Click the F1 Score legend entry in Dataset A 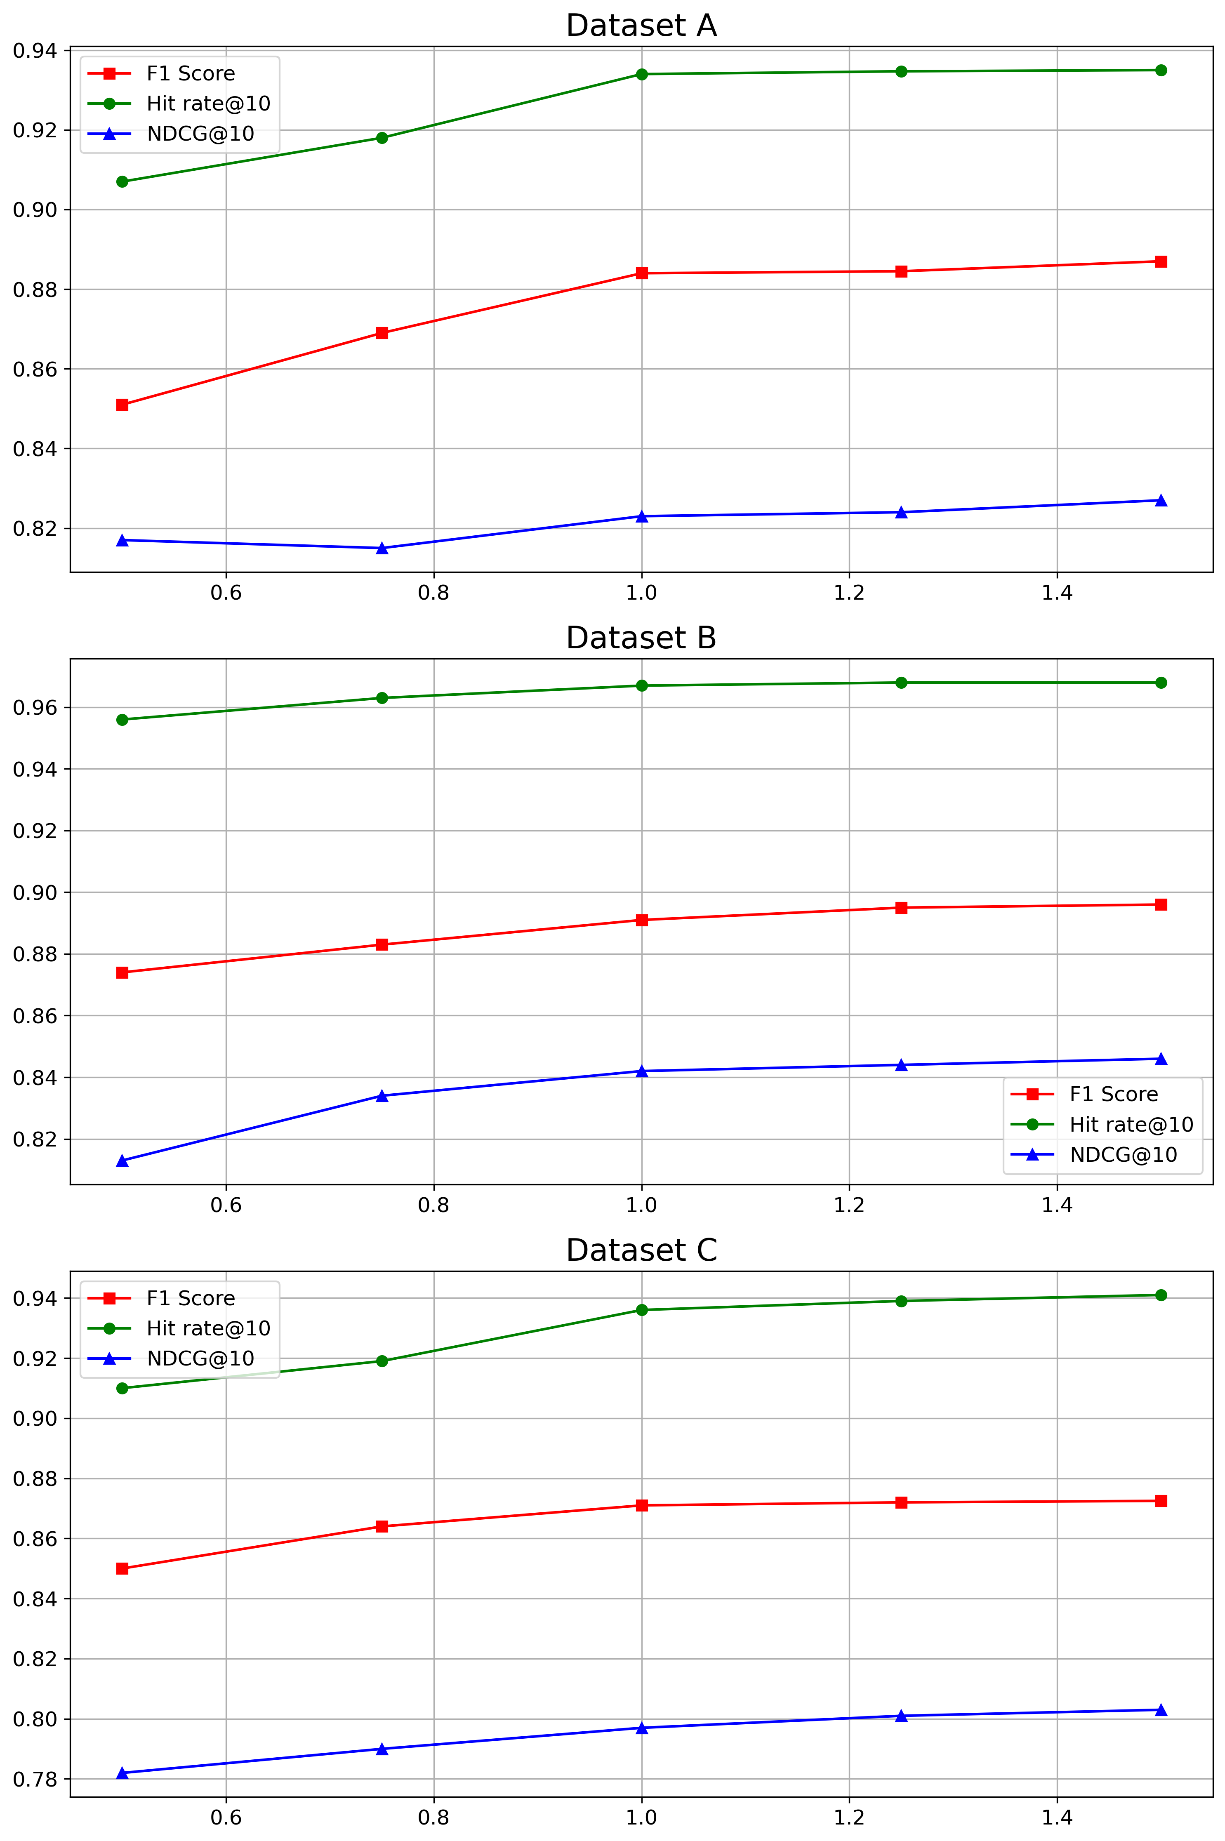(190, 73)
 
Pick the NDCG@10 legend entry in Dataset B (1123, 1154)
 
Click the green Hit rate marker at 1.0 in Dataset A (641, 74)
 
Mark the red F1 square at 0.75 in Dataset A (382, 333)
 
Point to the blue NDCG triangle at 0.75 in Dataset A (382, 548)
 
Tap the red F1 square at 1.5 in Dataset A (1161, 261)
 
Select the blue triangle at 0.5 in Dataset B (122, 1161)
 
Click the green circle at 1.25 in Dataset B (901, 683)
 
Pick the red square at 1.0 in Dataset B (641, 920)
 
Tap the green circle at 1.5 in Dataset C (1161, 1295)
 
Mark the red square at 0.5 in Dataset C (122, 1568)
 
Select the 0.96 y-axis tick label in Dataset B (35, 708)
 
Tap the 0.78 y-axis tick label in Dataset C (35, 1779)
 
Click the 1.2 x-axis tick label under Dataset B (849, 1205)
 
